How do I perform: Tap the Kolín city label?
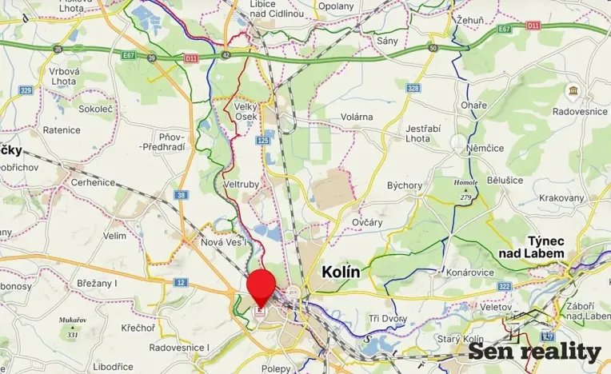coord(341,272)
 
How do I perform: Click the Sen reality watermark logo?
coord(534,351)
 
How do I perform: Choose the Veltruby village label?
coord(242,184)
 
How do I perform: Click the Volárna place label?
coord(357,117)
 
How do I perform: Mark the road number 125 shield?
coord(263,141)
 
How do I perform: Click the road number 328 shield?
coord(413,88)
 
